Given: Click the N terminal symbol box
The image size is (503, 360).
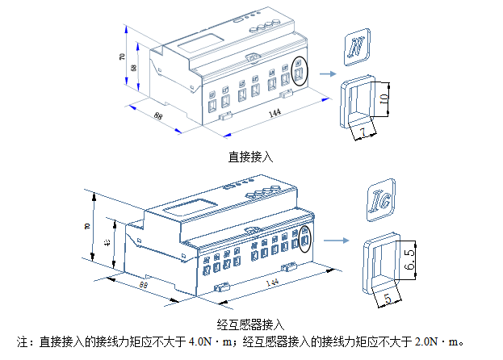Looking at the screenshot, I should point(356,48).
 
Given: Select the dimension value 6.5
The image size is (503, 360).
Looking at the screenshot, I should point(409,259).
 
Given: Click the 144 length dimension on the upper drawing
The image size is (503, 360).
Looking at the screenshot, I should point(274,114).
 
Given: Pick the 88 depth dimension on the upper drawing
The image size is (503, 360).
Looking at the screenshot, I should point(157,114).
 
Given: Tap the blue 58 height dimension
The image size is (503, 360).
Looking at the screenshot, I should point(133,69).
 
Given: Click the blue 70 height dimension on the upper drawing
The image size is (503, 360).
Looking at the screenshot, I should point(122,58).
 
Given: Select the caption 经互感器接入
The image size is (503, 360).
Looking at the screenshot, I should point(251,322).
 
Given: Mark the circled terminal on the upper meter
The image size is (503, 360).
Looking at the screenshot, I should point(300,73).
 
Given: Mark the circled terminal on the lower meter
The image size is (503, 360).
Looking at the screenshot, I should point(305,241).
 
